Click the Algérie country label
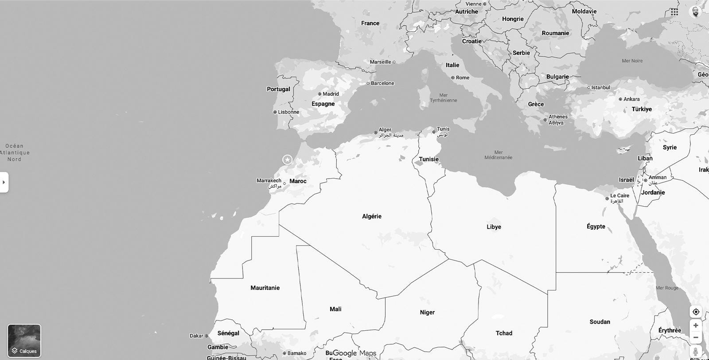tap(371, 216)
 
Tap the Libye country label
tap(494, 227)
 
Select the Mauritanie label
tap(265, 288)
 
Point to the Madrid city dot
tap(319, 94)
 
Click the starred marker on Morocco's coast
tap(288, 160)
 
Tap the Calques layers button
tap(24, 340)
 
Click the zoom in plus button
tap(696, 325)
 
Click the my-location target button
tap(696, 312)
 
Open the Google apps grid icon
tap(674, 12)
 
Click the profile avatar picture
tap(696, 12)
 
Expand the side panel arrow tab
tap(4, 182)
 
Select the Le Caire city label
tap(619, 196)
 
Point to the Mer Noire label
tap(632, 61)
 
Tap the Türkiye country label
tap(642, 109)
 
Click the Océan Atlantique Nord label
tap(15, 153)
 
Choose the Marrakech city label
tap(269, 181)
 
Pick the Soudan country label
tap(600, 322)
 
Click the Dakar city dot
tap(206, 336)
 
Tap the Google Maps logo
tap(354, 353)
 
